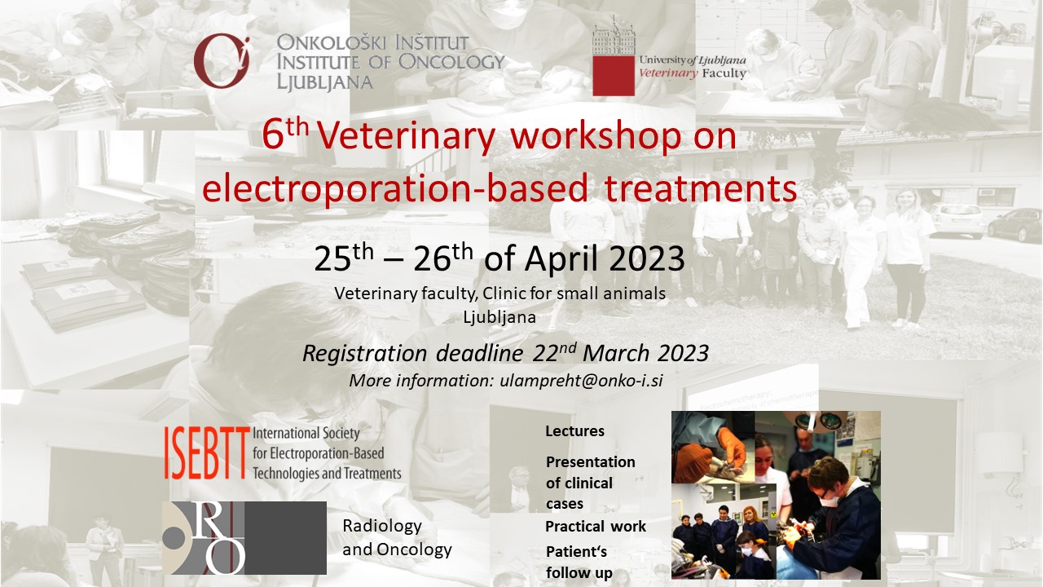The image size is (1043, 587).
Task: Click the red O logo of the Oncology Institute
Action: click(222, 61)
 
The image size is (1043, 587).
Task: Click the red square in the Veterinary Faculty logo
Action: click(614, 76)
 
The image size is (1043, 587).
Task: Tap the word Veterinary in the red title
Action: click(406, 136)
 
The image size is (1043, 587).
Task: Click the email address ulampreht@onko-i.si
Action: click(581, 381)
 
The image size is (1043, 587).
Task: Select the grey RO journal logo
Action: click(244, 537)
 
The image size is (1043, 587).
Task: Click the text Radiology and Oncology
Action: click(397, 537)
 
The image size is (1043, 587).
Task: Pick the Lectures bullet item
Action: click(574, 431)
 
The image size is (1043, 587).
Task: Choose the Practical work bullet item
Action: click(595, 527)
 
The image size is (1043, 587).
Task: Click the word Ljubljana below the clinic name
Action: click(499, 317)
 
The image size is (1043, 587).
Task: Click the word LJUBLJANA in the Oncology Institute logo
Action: click(324, 82)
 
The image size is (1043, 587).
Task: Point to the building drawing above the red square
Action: click(614, 36)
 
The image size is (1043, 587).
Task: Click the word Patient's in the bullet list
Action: click(576, 552)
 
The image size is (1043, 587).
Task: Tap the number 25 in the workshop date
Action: click(332, 259)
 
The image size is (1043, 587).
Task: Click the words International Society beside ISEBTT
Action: click(306, 433)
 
